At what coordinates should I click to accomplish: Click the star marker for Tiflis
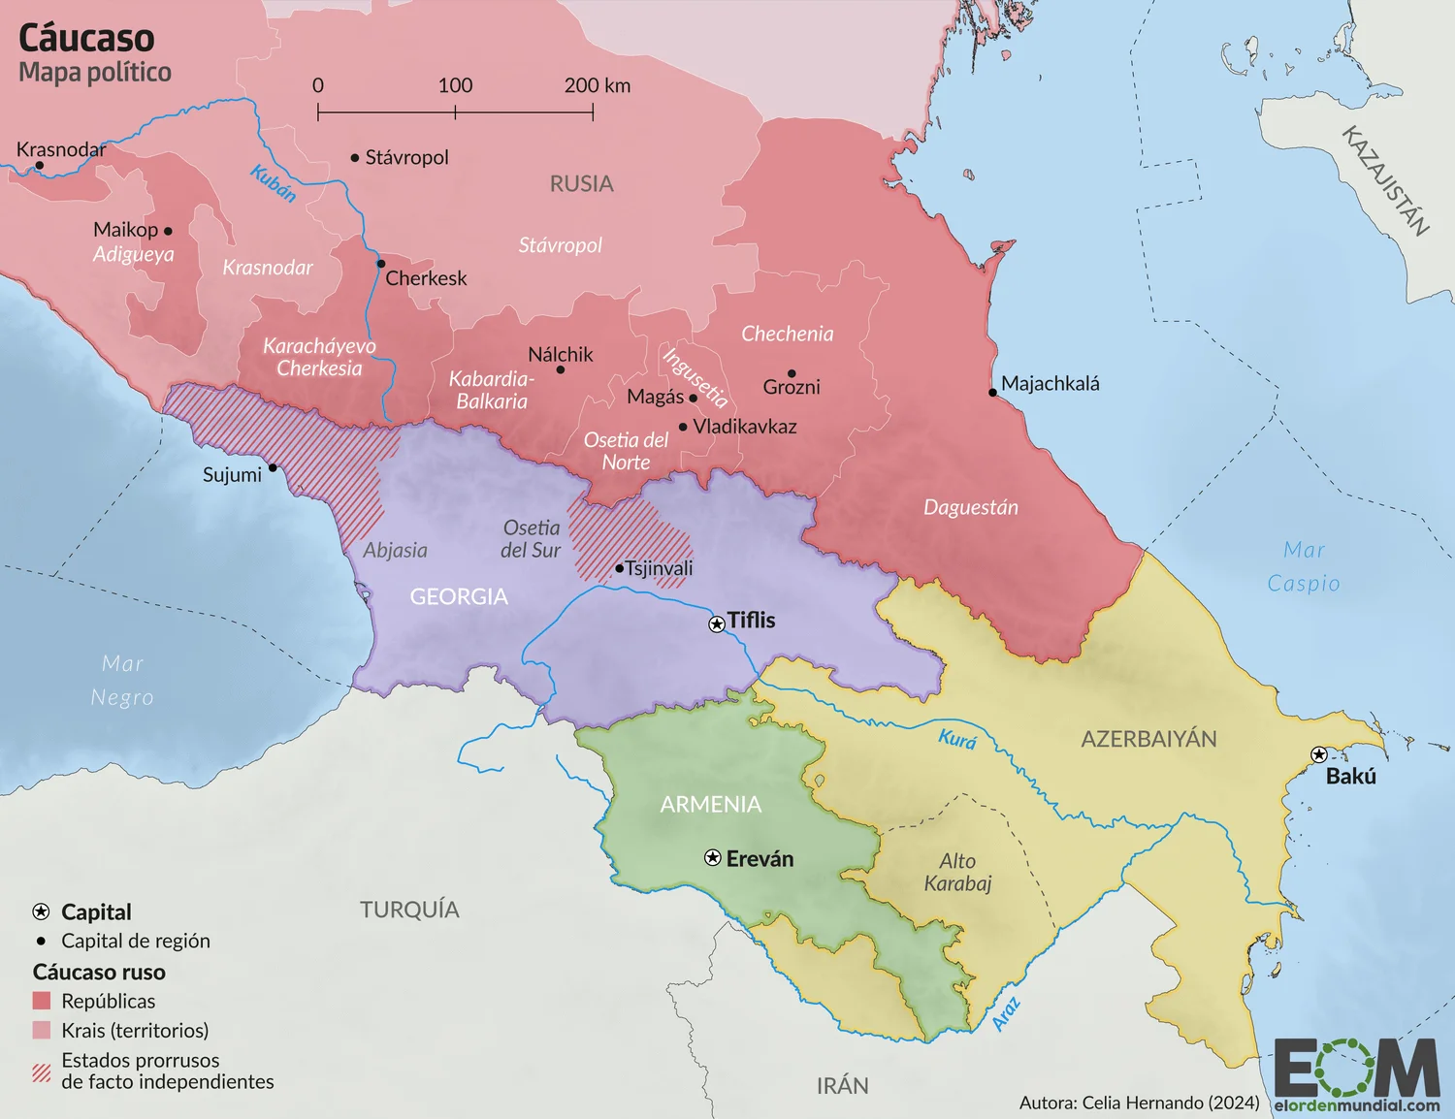pyautogui.click(x=717, y=624)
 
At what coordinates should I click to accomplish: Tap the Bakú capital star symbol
pyautogui.click(x=1318, y=754)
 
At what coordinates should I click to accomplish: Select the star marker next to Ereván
pyautogui.click(x=713, y=858)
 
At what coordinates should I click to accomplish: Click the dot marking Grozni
pyautogui.click(x=792, y=373)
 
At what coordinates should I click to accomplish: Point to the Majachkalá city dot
pyautogui.click(x=992, y=393)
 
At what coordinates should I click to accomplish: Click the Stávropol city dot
pyautogui.click(x=355, y=157)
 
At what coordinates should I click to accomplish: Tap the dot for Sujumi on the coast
pyautogui.click(x=273, y=467)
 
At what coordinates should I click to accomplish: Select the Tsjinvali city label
pyautogui.click(x=659, y=568)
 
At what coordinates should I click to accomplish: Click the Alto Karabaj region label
pyautogui.click(x=957, y=872)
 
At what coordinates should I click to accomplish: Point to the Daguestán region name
pyautogui.click(x=970, y=507)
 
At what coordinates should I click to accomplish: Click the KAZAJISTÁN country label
pyautogui.click(x=1385, y=180)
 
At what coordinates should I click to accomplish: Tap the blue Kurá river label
pyautogui.click(x=956, y=739)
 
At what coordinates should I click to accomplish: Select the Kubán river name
pyautogui.click(x=273, y=183)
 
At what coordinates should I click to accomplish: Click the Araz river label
pyautogui.click(x=1006, y=1013)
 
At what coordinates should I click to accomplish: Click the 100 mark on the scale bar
pyautogui.click(x=455, y=86)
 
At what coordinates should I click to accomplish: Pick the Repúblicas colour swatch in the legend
pyautogui.click(x=42, y=1001)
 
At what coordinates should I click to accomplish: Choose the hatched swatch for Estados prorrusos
pyautogui.click(x=42, y=1071)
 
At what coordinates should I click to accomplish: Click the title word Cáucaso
pyautogui.click(x=86, y=39)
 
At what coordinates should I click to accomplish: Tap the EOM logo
pyautogui.click(x=1356, y=1070)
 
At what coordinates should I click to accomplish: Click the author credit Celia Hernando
pyautogui.click(x=1139, y=1103)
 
